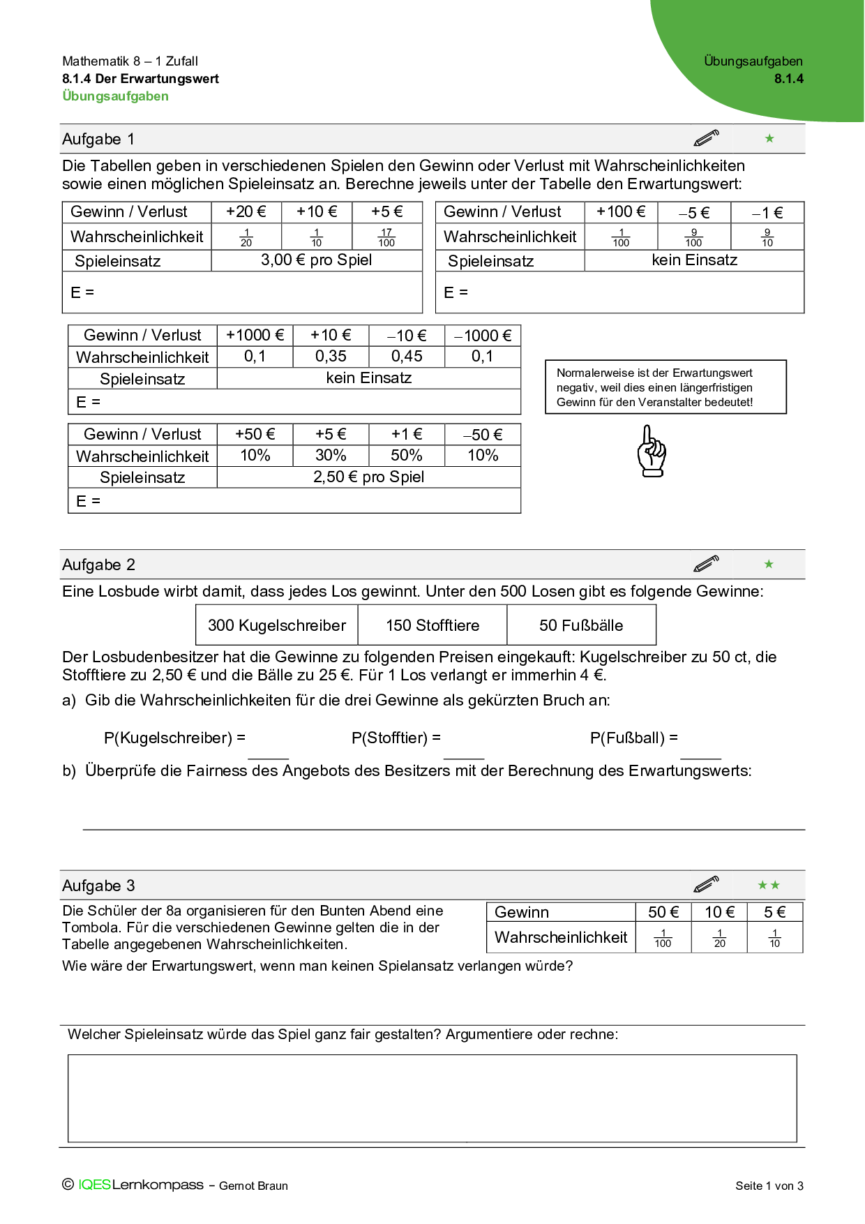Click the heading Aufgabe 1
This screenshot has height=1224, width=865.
tap(98, 139)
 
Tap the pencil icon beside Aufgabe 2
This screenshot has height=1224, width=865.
tap(706, 564)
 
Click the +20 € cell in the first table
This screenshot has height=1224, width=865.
tap(246, 212)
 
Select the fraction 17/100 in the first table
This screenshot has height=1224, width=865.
tap(386, 237)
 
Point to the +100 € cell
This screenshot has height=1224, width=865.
tap(621, 212)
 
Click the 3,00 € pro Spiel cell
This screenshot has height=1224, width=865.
tap(316, 260)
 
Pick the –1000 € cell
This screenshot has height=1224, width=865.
tap(483, 336)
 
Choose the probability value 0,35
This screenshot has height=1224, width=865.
tap(331, 357)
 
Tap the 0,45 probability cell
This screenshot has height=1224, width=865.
tap(407, 357)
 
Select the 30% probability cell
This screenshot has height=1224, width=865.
tap(331, 456)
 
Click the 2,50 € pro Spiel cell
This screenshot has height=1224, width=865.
tap(368, 477)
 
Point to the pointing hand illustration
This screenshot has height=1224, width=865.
tap(652, 451)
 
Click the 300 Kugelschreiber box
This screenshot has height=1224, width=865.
tap(277, 625)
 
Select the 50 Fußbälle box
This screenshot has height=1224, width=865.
tap(581, 625)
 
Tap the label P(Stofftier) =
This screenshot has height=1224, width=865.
tap(396, 738)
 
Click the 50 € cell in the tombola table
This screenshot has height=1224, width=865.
tap(663, 912)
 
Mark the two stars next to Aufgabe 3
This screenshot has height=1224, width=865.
tap(769, 886)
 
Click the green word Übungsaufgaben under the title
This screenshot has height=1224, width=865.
tap(115, 96)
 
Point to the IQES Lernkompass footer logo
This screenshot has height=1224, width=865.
tap(140, 1185)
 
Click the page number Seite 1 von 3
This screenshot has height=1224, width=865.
tap(769, 1186)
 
